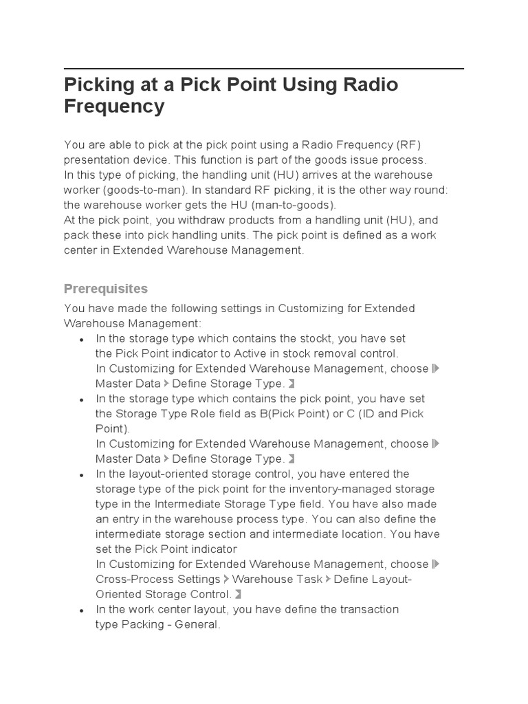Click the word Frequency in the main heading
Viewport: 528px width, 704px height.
tap(114, 107)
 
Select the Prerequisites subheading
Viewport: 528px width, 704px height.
tap(105, 288)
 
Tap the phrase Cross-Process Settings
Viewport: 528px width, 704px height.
tap(158, 579)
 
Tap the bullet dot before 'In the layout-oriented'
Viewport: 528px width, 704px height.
tap(82, 475)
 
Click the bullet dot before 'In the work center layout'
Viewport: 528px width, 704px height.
tap(82, 610)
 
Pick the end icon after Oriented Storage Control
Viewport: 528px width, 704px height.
tap(237, 595)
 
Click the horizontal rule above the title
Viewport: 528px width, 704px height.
tap(263, 69)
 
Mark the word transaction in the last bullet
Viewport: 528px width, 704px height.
tap(366, 609)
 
